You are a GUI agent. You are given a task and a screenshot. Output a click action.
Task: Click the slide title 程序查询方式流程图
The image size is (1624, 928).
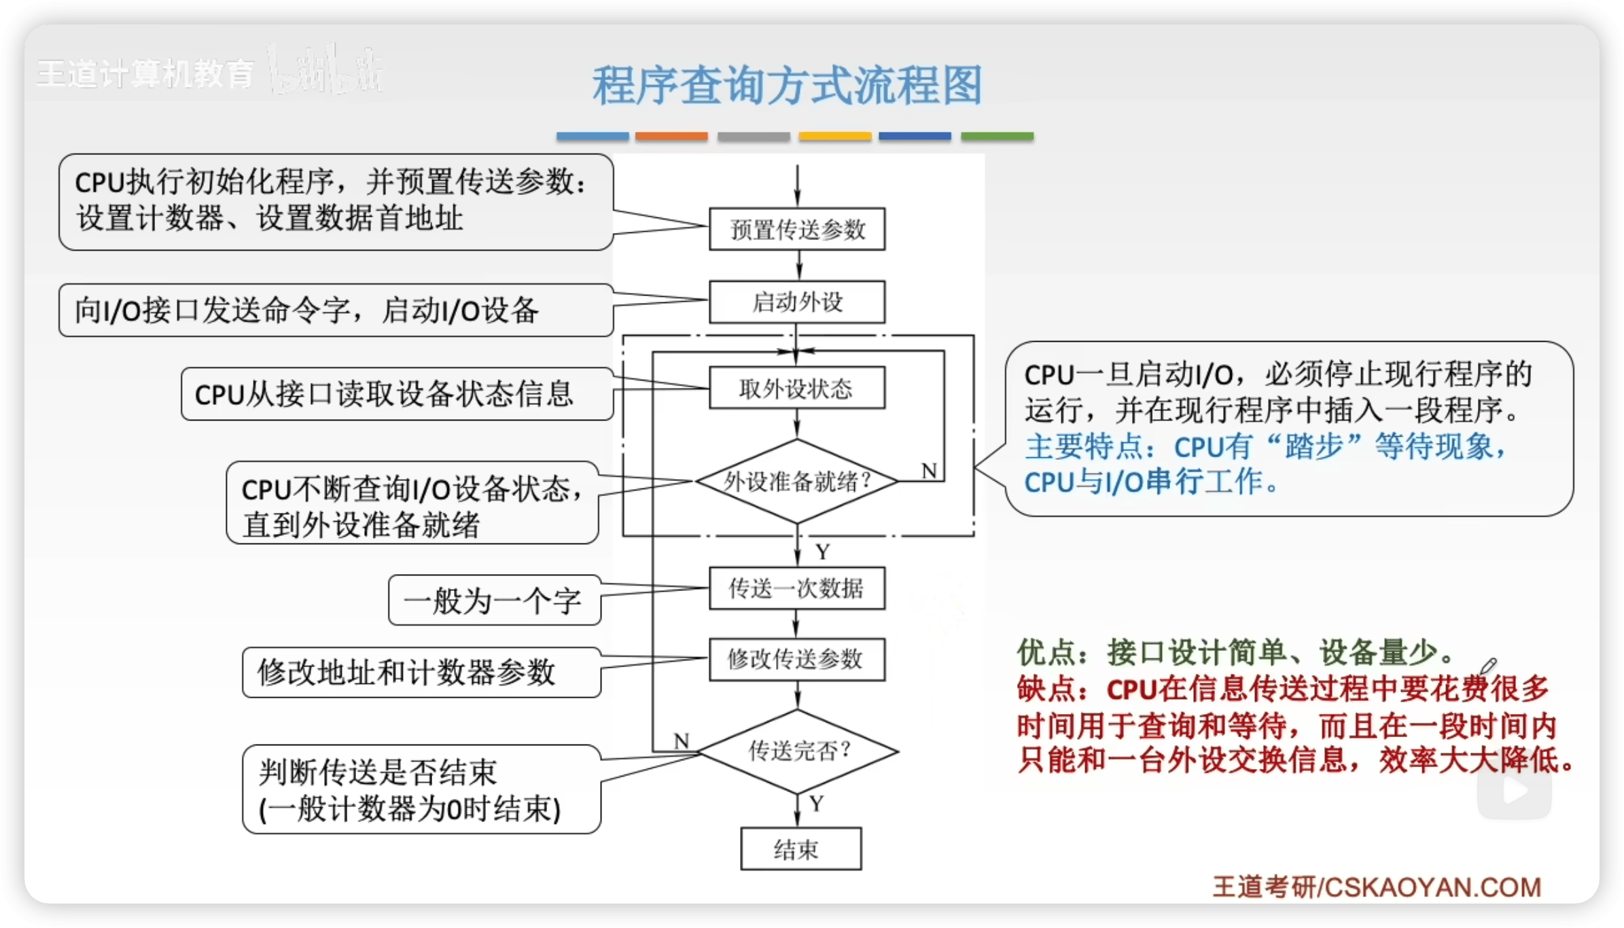point(787,86)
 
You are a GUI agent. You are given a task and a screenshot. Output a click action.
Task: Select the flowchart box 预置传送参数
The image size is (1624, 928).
point(797,230)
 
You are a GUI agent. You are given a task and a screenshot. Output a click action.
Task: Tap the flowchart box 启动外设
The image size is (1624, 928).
point(797,302)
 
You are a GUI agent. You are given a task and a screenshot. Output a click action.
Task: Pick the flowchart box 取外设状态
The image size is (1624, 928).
point(797,389)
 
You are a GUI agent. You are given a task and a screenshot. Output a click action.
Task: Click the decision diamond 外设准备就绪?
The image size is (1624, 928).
point(797,482)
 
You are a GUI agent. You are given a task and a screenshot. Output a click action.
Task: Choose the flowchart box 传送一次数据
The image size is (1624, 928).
point(797,588)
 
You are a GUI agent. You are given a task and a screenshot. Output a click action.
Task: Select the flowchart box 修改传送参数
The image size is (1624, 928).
point(797,659)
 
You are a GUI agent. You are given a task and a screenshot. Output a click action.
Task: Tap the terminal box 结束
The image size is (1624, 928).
point(800,849)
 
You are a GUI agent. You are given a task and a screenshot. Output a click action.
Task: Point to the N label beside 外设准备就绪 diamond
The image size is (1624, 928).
point(929,471)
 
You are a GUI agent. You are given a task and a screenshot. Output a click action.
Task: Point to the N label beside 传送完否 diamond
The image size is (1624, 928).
point(682,740)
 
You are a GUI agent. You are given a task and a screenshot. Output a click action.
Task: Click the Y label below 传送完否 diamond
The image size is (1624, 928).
point(817,804)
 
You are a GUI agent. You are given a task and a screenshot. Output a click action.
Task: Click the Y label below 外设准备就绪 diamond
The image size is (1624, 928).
point(823,552)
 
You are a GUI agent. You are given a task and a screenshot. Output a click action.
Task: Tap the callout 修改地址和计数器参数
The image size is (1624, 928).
point(421,673)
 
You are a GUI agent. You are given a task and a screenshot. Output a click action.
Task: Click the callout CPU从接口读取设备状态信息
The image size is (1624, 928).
point(396,394)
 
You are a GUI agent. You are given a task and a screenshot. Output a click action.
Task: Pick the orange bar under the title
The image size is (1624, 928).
point(671,137)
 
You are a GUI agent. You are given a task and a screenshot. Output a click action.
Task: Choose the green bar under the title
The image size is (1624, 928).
point(997,137)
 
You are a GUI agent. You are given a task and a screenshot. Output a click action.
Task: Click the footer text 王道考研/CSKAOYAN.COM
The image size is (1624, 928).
point(1377,887)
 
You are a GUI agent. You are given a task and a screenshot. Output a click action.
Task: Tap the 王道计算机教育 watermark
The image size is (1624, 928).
point(145,73)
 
